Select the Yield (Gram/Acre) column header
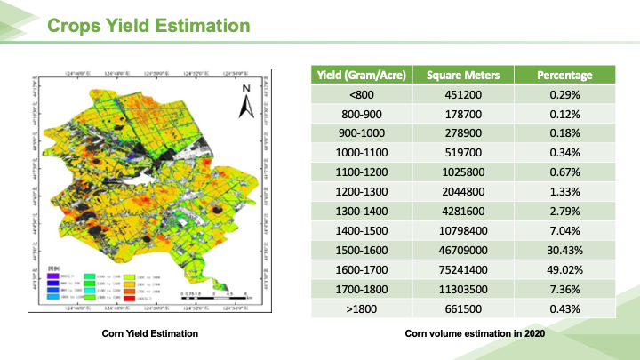[x=362, y=75]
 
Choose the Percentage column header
[x=564, y=75]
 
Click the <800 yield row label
[x=362, y=94]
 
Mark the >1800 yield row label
[x=362, y=308]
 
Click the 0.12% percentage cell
[x=564, y=114]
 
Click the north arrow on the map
[x=246, y=102]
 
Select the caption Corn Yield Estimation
[x=149, y=333]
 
